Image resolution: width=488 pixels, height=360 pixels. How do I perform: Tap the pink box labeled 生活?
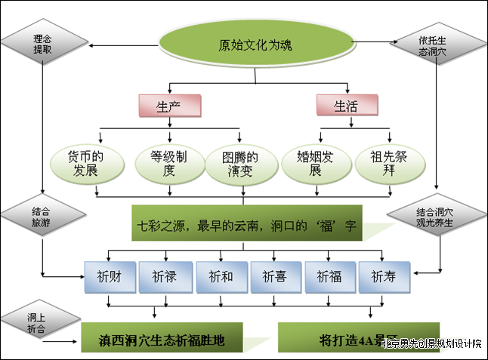pos(346,106)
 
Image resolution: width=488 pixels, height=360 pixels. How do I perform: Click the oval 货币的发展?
pos(85,164)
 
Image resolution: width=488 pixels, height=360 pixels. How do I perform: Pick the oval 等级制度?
pos(164,164)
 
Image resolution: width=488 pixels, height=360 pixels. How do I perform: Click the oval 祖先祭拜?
pos(388,164)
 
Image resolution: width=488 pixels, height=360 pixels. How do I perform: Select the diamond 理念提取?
pos(42,43)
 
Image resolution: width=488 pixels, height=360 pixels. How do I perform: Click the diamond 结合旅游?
pos(42,214)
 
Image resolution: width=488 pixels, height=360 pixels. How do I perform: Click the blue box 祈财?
pos(110,277)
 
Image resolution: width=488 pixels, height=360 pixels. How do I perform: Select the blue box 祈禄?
pos(164,277)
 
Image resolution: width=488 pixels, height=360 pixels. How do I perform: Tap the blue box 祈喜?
pos(274,277)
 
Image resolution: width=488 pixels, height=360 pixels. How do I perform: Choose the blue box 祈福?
pos(329,277)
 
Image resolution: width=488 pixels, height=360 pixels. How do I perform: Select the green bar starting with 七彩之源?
pos(245,226)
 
